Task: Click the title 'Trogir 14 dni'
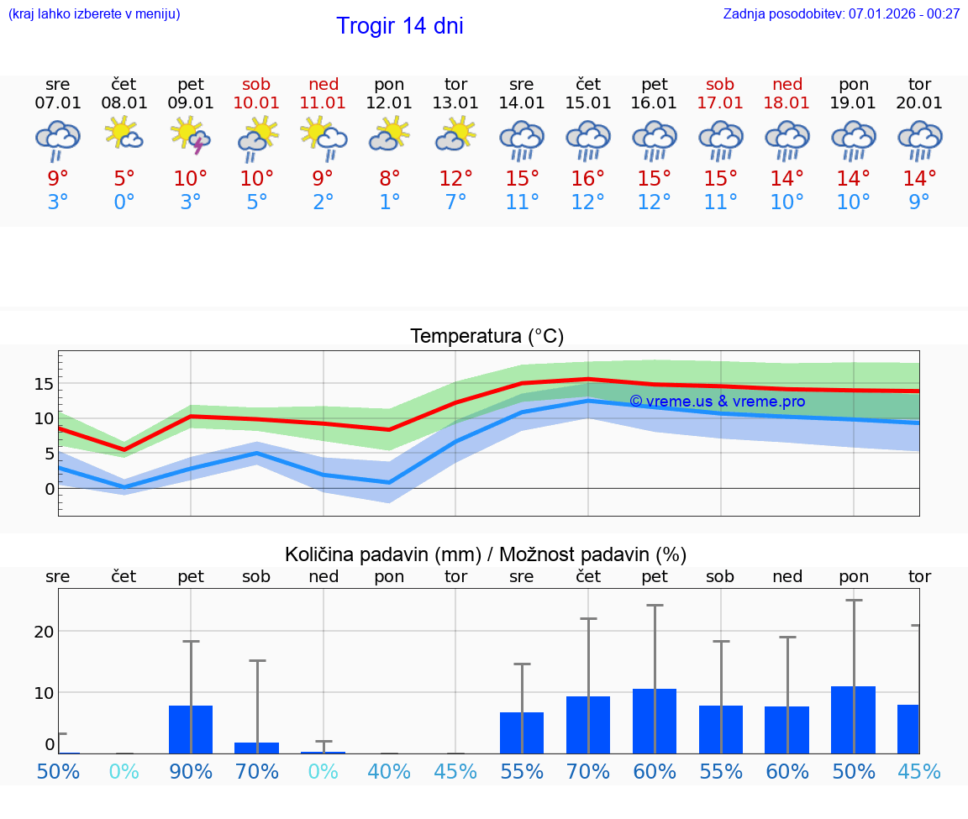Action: (x=399, y=26)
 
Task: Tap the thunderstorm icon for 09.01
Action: (x=191, y=139)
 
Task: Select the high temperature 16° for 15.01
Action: (x=588, y=178)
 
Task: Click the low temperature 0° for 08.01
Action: (x=124, y=202)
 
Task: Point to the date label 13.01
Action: (x=455, y=102)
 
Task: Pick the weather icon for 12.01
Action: (x=389, y=134)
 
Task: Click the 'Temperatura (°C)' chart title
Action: (x=487, y=337)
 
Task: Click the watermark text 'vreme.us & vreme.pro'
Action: (x=717, y=402)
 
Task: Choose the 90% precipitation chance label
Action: (x=191, y=771)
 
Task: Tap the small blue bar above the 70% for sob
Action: (x=257, y=748)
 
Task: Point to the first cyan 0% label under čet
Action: (x=124, y=771)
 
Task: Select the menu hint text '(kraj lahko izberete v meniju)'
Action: (x=94, y=13)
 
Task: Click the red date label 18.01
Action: (x=787, y=102)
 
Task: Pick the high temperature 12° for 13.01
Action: (x=455, y=178)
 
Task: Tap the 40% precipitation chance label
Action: (x=389, y=771)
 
